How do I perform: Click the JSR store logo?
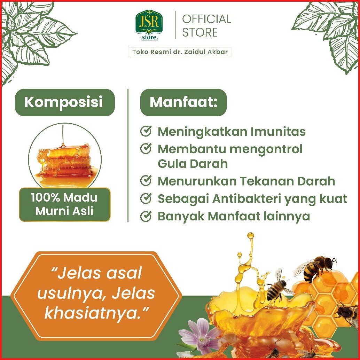(149, 25)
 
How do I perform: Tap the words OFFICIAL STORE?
(206, 25)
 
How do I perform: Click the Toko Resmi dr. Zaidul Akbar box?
(180, 52)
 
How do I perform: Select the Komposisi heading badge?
(65, 102)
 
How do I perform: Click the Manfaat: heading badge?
(183, 102)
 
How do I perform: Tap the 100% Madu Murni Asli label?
(65, 205)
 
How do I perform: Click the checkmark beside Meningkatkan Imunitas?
(146, 131)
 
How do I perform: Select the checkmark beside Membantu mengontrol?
(146, 149)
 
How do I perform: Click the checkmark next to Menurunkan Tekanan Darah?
(146, 180)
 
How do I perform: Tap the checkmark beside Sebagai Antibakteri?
(146, 198)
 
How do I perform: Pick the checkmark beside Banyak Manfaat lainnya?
(146, 216)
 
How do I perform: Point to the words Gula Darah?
(193, 164)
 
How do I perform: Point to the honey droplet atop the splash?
(250, 236)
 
